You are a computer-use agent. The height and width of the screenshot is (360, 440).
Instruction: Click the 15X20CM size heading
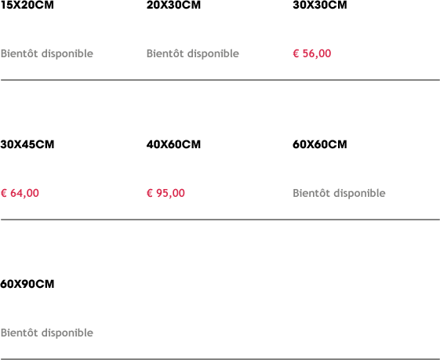pos(27,5)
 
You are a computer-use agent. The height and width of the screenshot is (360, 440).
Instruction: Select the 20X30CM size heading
pos(173,5)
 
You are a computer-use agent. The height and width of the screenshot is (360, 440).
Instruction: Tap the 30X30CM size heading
pos(320,5)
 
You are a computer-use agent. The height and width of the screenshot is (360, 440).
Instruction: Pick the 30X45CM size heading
pos(27,144)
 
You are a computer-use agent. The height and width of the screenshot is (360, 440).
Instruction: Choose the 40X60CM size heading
pos(173,144)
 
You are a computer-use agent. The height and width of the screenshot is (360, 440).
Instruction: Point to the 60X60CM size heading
pos(320,144)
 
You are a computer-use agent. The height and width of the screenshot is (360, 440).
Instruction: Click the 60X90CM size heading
pos(27,284)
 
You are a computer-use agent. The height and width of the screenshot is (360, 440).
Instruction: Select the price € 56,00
pos(312,53)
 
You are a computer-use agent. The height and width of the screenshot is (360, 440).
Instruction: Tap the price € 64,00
pos(20,193)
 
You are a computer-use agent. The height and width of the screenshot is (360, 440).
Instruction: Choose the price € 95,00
pos(165,193)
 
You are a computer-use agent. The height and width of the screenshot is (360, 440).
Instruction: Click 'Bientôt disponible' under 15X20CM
pos(47,53)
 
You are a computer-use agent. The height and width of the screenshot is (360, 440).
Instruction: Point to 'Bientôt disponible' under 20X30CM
pos(193,53)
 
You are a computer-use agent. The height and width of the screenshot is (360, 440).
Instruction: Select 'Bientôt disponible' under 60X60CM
pos(339,193)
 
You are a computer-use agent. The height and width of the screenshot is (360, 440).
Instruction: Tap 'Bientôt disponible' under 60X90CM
pos(47,333)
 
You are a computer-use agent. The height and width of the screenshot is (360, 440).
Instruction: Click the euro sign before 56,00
pos(296,53)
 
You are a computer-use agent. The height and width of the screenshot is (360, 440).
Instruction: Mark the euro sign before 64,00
pos(4,193)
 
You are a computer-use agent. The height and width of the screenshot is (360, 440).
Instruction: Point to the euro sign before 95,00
pos(150,193)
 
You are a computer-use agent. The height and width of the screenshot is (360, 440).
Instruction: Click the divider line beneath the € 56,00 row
pos(220,80)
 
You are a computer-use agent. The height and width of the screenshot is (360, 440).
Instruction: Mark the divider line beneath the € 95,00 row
pos(220,220)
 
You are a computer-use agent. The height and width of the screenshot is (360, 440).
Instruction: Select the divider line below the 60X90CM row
pos(220,359)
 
